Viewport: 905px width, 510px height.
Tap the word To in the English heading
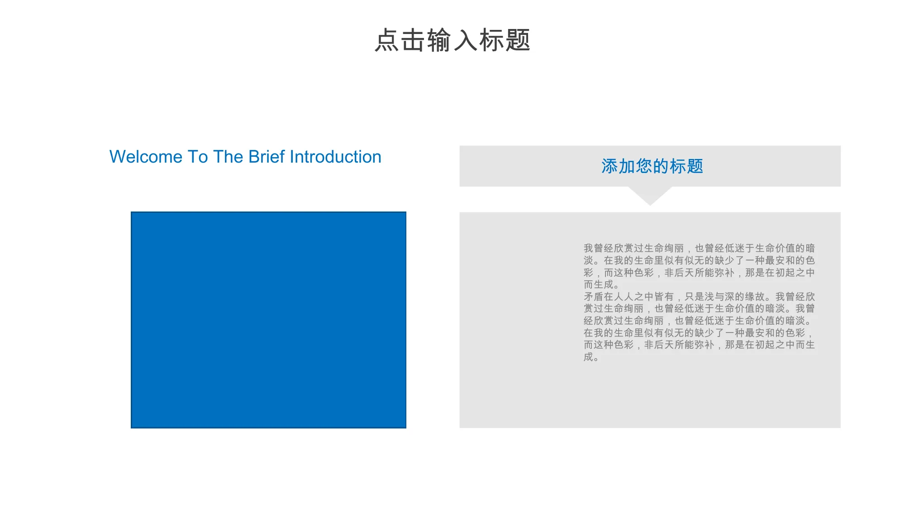(198, 157)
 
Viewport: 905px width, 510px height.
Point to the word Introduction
(335, 157)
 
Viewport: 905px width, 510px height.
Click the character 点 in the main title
(387, 40)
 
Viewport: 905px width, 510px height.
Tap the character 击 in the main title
(413, 40)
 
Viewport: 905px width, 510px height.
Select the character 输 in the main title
(439, 40)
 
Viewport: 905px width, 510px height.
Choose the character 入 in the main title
(466, 40)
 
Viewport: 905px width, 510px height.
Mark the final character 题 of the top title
(518, 40)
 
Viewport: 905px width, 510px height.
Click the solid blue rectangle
(268, 320)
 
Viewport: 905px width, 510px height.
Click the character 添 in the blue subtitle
(610, 166)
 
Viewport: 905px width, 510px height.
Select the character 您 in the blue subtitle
(644, 166)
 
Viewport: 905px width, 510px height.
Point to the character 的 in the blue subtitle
(661, 166)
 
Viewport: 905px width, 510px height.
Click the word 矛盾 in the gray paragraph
(594, 297)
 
